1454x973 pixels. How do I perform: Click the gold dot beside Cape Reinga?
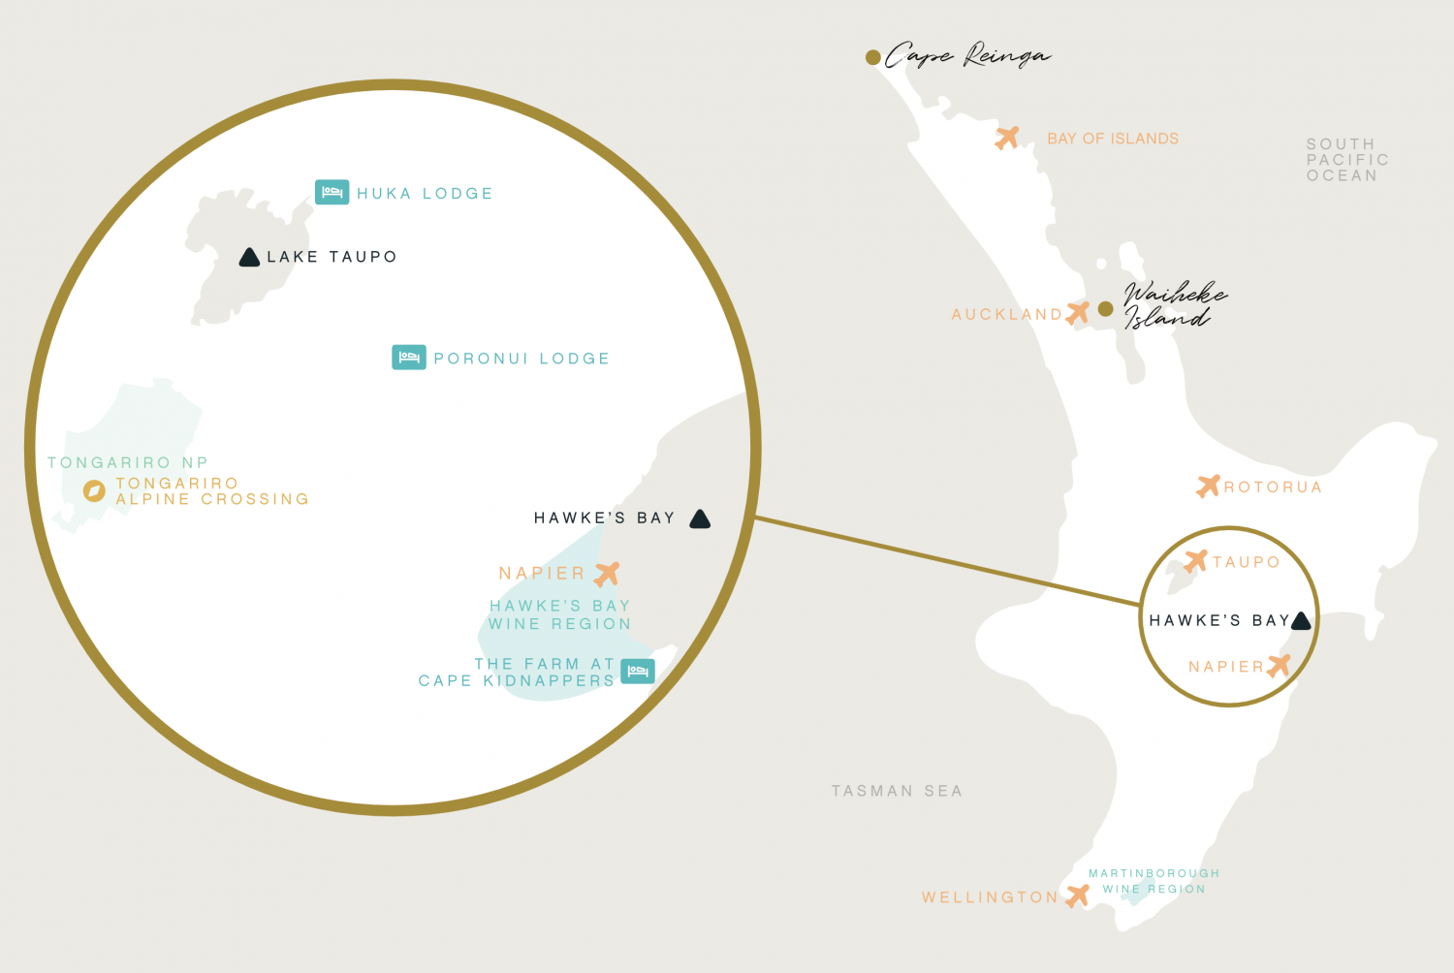[x=872, y=57]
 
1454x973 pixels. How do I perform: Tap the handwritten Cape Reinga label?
[x=966, y=55]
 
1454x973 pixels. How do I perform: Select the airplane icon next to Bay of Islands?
[x=1007, y=138]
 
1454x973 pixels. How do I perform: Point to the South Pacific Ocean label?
[x=1346, y=160]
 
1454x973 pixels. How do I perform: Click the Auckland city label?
[x=1006, y=315]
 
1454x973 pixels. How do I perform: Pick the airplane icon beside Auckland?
[x=1077, y=313]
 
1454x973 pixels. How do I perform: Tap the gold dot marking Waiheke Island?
[x=1105, y=309]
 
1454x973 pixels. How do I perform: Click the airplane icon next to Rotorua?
[x=1208, y=486]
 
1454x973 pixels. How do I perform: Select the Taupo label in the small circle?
[x=1246, y=562]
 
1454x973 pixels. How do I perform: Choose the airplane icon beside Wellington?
[x=1077, y=895]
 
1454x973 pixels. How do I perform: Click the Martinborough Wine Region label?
[x=1154, y=881]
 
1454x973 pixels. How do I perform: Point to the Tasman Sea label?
[x=897, y=791]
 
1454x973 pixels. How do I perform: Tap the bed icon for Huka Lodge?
[x=332, y=192]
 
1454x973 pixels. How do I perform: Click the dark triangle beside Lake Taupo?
[x=249, y=257]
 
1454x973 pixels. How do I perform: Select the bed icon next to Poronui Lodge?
[x=408, y=358]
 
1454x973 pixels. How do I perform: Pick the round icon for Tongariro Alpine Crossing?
[x=94, y=490]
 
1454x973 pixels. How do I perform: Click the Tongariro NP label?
[x=128, y=463]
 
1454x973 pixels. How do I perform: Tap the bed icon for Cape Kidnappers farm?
[x=637, y=671]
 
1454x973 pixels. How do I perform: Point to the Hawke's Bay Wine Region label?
[x=559, y=614]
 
